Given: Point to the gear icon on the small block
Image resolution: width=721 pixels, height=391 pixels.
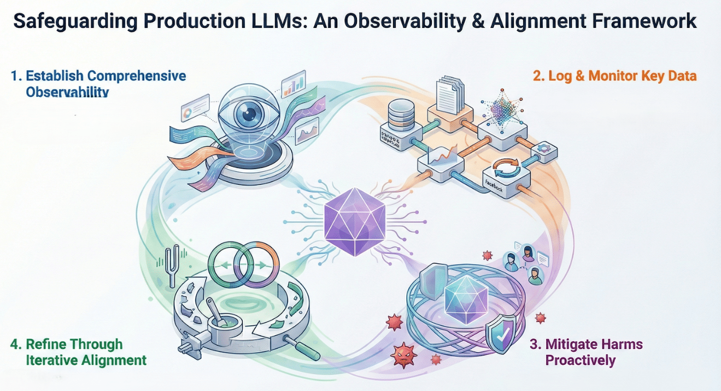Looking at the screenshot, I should coord(544,149).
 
